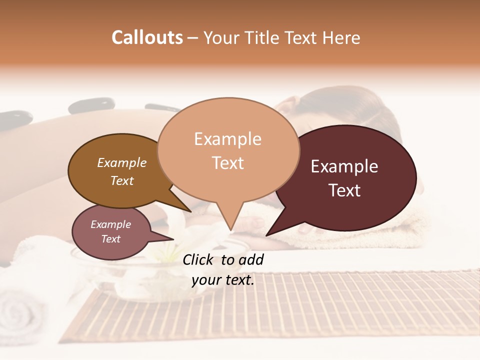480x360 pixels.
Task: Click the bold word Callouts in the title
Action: (147, 37)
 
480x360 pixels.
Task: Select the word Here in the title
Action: (341, 37)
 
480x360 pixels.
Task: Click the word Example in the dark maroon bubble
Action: (344, 166)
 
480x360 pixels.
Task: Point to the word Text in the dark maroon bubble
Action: (344, 190)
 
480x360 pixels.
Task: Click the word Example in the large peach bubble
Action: (227, 139)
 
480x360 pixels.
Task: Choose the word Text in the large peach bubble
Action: (228, 163)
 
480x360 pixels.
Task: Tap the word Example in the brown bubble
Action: (122, 162)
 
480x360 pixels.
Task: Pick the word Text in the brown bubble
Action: (122, 180)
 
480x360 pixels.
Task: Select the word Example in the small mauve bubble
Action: (110, 224)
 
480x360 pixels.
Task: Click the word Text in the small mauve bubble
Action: (110, 239)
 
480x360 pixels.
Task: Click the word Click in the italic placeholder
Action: (199, 260)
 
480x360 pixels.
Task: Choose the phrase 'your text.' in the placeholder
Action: (223, 280)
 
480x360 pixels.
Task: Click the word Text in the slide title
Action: (302, 37)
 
